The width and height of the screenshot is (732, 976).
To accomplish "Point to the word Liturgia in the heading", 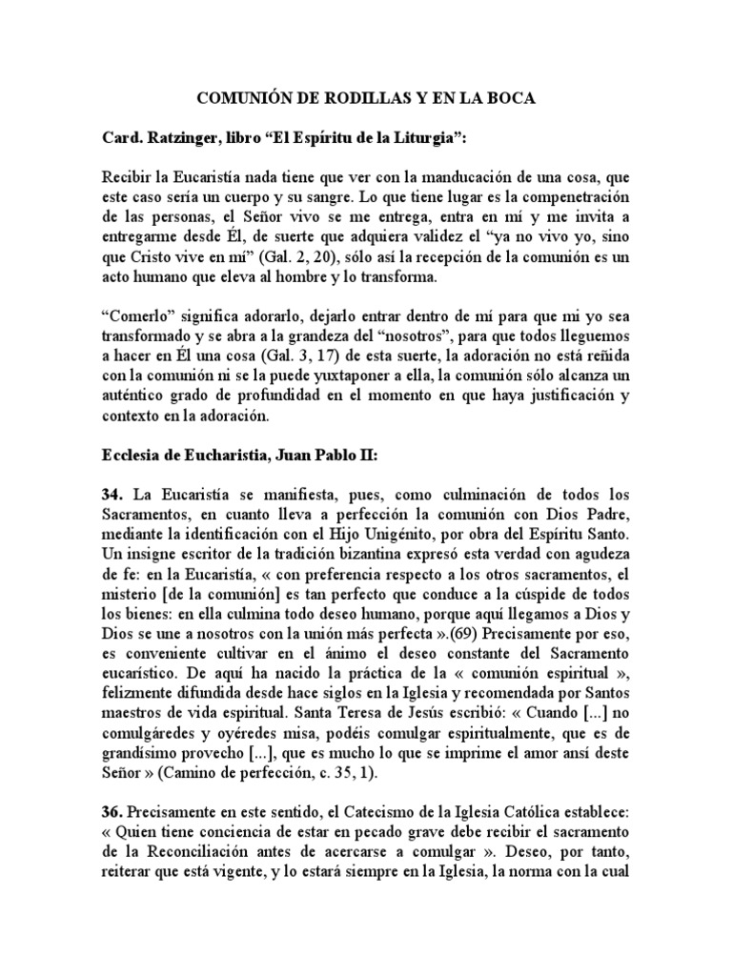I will pyautogui.click(x=423, y=138).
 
